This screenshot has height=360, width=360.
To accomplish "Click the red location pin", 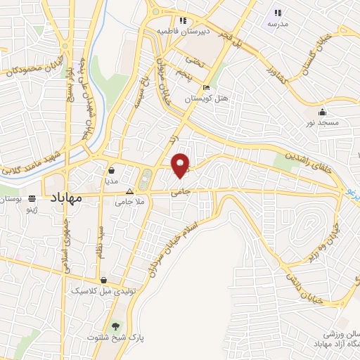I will [181, 165].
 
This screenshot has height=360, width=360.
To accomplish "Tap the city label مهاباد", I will [67, 199].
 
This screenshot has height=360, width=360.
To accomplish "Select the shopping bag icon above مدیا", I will [112, 169].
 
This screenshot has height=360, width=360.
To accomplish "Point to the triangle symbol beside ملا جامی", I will [129, 191].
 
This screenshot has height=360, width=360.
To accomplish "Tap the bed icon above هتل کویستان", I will [206, 88].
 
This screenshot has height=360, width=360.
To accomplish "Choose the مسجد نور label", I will [322, 122].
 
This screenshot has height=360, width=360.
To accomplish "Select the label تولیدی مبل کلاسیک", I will [98, 290].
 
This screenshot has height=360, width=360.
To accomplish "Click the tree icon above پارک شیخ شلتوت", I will [115, 326].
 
